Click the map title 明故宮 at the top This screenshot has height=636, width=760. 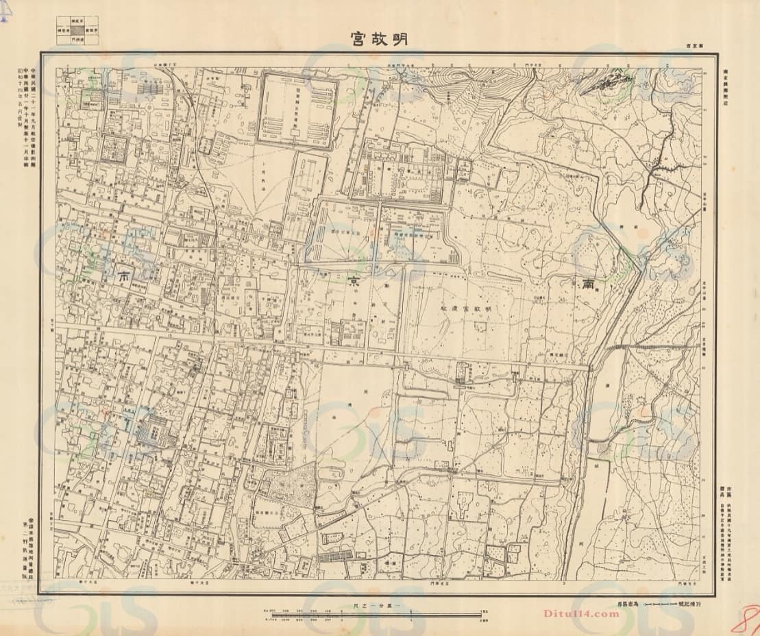point(378,38)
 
